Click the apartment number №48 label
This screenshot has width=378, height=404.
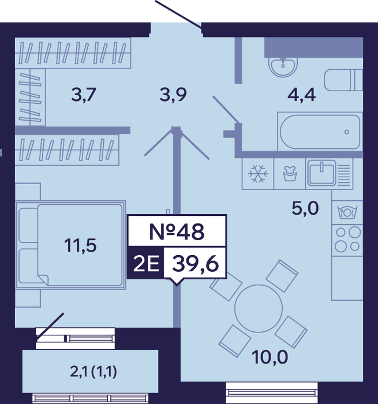coord(177,231)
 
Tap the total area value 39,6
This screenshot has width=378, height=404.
coord(196,264)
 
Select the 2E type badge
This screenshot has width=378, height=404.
coord(146,264)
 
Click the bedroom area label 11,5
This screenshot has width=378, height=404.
coord(80,245)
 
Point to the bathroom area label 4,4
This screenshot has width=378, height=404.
coord(301,95)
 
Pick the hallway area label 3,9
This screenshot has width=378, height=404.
coord(173,95)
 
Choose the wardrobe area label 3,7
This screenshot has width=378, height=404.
coord(84,95)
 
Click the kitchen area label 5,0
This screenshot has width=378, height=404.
coord(305,208)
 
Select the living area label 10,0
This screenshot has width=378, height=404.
coord(270,357)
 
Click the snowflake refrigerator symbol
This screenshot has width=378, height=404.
coord(258,174)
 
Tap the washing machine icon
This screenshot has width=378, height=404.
coord(290,174)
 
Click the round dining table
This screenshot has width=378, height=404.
coord(259,308)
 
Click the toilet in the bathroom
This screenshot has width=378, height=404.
coord(343,80)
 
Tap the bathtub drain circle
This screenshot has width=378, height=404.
coord(347,132)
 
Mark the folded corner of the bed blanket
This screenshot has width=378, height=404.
coord(43,280)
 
